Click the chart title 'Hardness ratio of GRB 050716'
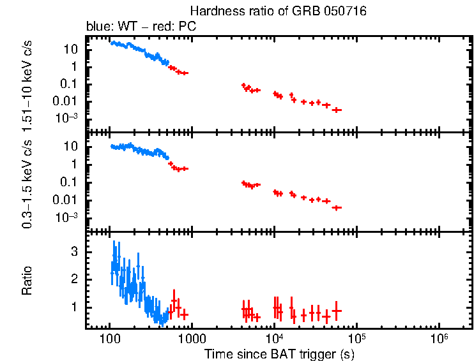(279, 12)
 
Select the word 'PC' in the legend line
(187, 27)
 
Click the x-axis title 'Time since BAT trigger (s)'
(279, 353)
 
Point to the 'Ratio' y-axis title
(27, 280)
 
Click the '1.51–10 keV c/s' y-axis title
(27, 83)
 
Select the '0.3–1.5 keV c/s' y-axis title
(27, 182)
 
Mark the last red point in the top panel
(337, 110)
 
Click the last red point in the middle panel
(337, 207)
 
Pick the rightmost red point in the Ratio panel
(337, 311)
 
